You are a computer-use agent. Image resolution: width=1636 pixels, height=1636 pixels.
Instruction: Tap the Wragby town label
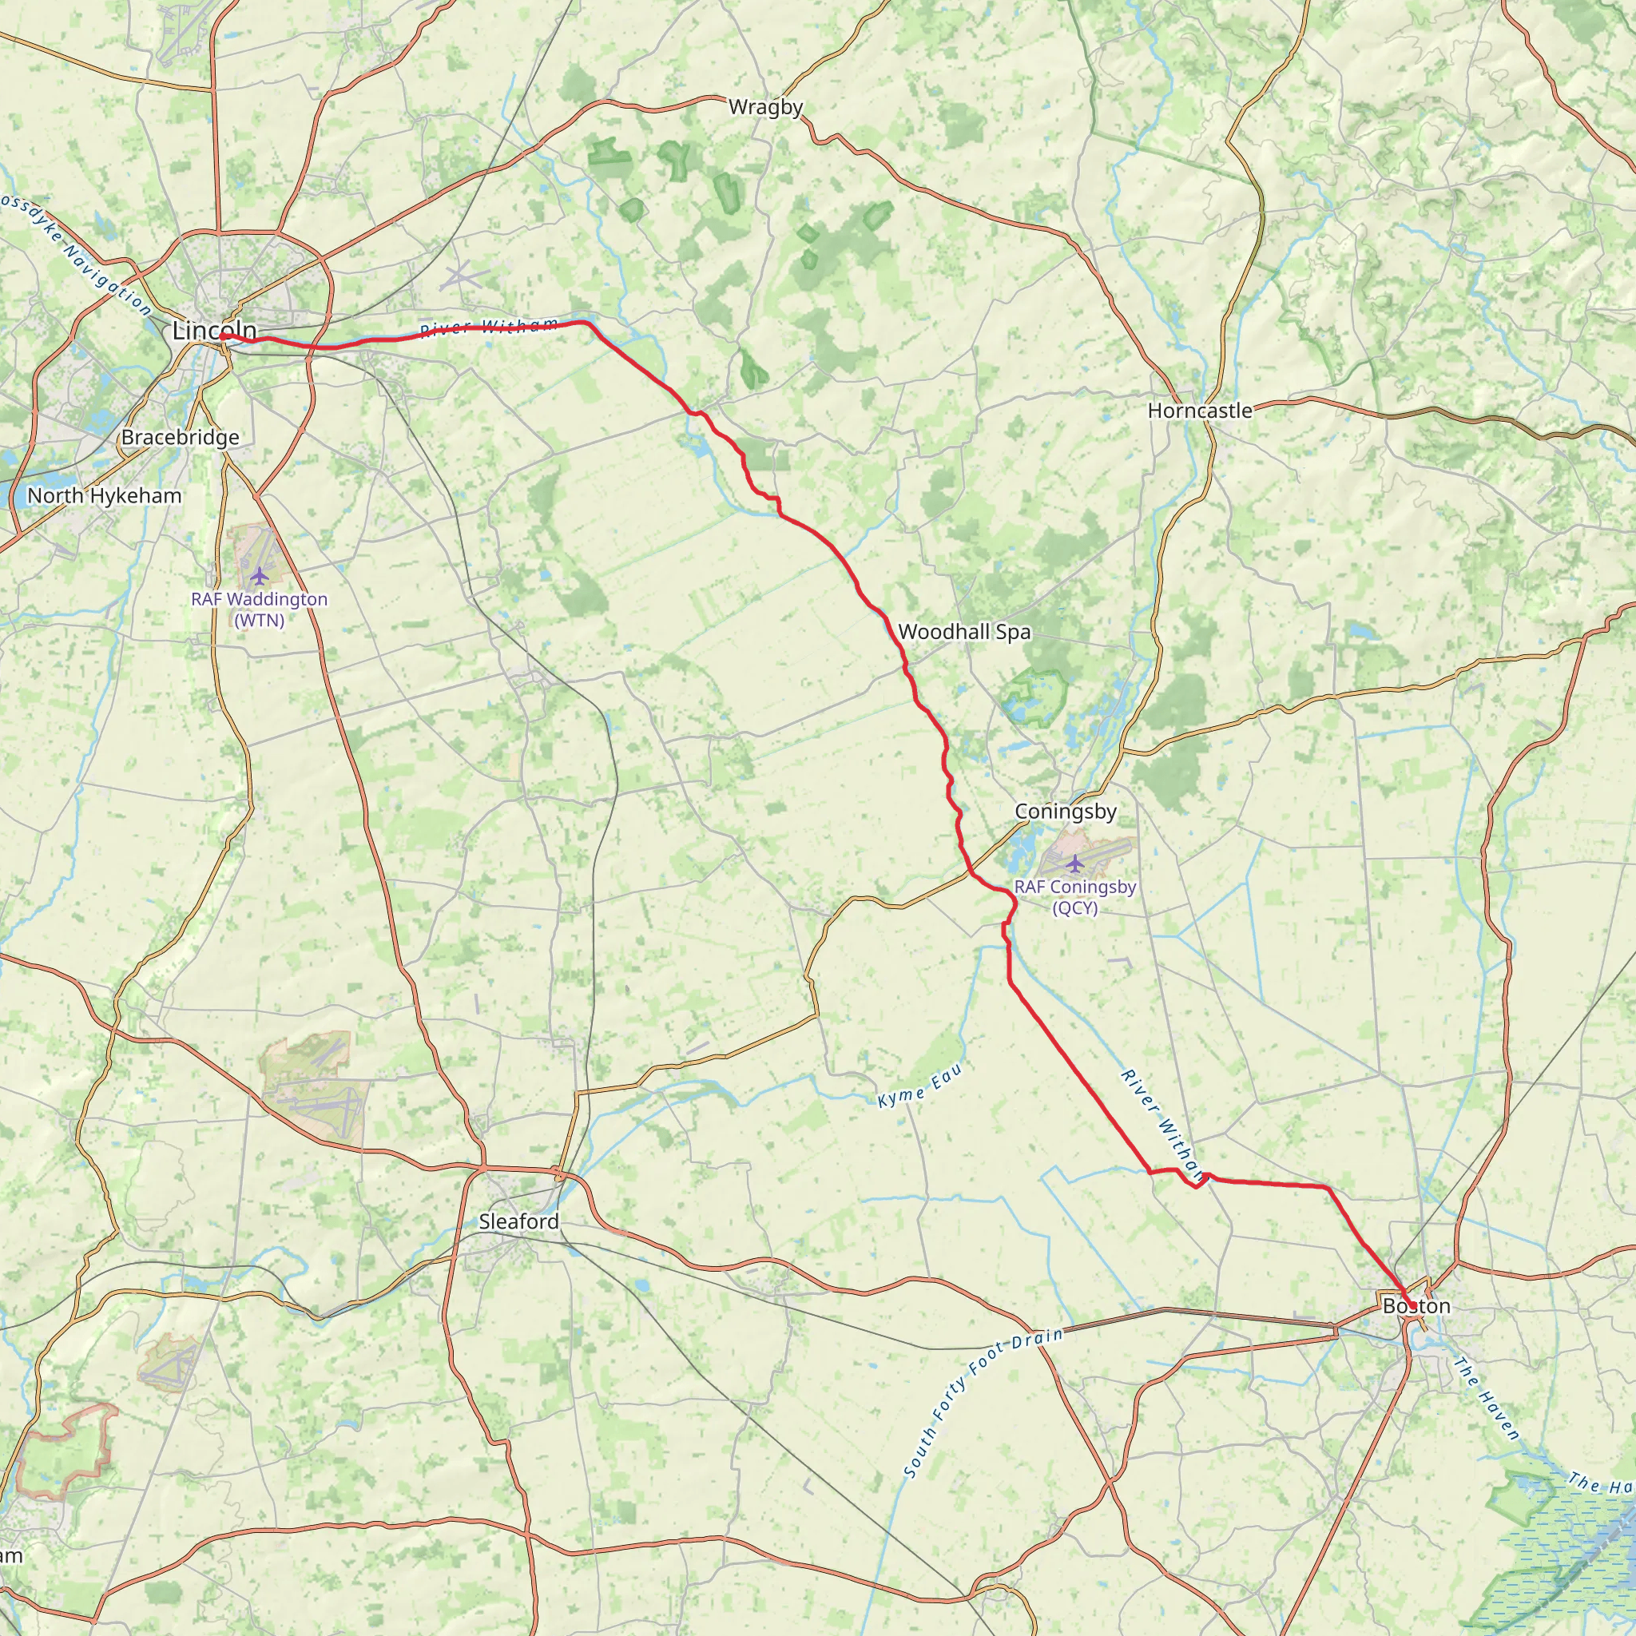click(765, 108)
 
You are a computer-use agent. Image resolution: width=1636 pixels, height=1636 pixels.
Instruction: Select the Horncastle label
click(1200, 411)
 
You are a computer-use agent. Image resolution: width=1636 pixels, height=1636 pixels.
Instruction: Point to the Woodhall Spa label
click(964, 632)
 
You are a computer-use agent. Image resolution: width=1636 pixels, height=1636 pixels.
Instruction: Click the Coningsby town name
click(1066, 812)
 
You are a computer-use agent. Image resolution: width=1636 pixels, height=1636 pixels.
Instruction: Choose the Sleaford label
click(519, 1221)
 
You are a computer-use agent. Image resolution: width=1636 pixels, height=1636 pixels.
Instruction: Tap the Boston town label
click(1416, 1307)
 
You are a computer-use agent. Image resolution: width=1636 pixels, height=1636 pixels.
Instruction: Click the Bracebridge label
click(181, 438)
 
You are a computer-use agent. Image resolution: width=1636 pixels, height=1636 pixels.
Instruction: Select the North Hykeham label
click(105, 495)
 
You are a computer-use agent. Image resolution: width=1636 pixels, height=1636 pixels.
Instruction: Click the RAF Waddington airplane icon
click(259, 576)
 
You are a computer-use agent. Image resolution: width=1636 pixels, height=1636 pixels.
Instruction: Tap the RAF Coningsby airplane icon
click(1074, 864)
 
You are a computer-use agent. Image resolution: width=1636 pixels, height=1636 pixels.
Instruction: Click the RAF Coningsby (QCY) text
click(1074, 898)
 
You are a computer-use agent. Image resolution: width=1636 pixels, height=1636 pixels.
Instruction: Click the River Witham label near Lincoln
click(490, 328)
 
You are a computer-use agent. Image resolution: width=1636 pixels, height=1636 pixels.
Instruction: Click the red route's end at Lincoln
click(223, 336)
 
